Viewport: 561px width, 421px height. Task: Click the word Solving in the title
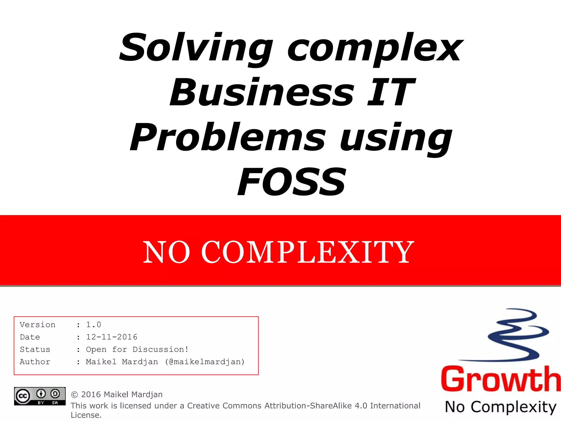click(x=196, y=48)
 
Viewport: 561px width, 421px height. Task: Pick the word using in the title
click(x=396, y=138)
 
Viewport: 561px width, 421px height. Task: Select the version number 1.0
click(x=93, y=325)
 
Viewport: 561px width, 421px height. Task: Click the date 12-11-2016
click(x=111, y=337)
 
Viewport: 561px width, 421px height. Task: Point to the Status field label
click(x=35, y=349)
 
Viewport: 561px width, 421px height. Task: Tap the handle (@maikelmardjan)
click(x=205, y=362)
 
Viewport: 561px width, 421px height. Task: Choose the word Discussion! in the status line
click(x=161, y=349)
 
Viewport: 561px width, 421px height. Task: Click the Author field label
click(x=35, y=362)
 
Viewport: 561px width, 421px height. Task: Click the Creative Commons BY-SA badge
click(x=40, y=396)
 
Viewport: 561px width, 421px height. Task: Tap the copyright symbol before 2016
click(x=74, y=395)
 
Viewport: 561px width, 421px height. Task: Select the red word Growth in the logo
click(x=500, y=380)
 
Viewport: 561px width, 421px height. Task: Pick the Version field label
click(x=38, y=325)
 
